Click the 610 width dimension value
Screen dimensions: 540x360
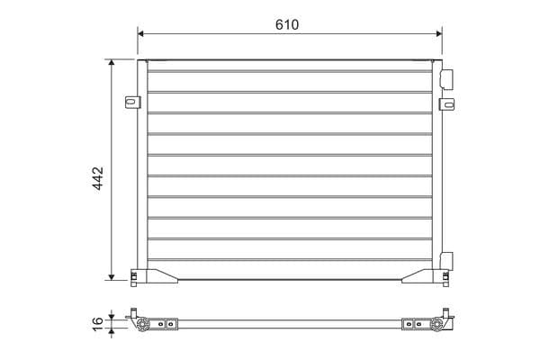click(287, 24)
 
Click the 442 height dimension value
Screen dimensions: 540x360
click(98, 178)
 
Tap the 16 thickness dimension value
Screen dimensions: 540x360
click(97, 324)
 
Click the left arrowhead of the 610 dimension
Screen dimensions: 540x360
click(140, 33)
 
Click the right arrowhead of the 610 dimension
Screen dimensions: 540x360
click(439, 33)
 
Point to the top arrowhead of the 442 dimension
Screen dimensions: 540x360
click(112, 62)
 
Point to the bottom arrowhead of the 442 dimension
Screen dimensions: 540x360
click(112, 277)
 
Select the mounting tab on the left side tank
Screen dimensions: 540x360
click(132, 102)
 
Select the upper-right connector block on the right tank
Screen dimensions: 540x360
click(446, 79)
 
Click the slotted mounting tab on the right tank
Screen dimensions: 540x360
click(447, 104)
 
